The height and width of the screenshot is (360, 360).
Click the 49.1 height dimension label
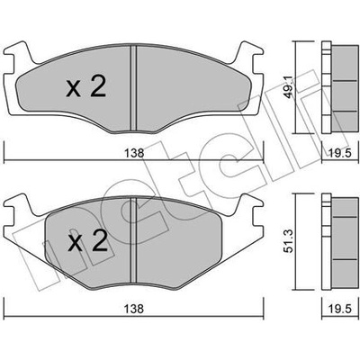[289, 87]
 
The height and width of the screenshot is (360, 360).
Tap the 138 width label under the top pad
[135, 153]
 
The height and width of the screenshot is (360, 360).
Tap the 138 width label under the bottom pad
[135, 309]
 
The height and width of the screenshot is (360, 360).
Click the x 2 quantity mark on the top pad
[86, 86]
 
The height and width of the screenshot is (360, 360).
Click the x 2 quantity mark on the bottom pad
[87, 240]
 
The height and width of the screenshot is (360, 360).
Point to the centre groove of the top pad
[133, 88]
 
